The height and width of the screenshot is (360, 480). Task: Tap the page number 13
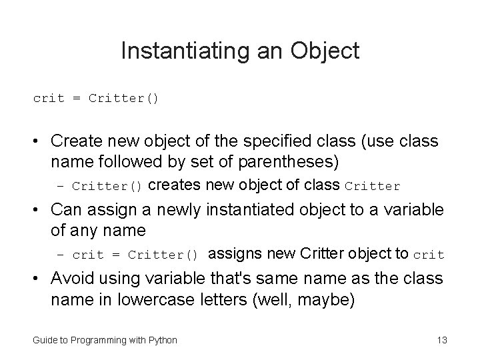point(441,340)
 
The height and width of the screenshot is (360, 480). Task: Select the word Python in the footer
point(162,340)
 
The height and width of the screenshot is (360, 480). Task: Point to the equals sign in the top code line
point(77,99)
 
